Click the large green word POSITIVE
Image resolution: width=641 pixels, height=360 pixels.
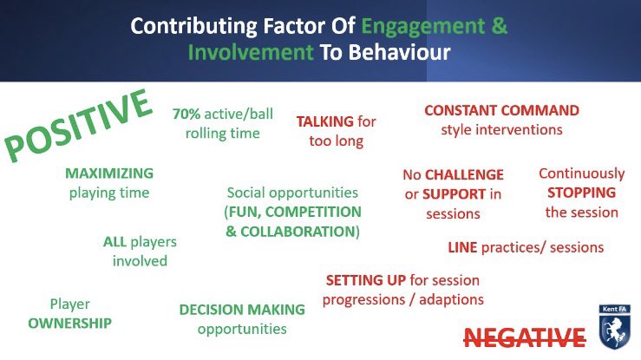click(x=76, y=127)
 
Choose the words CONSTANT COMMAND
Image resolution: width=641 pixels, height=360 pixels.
click(x=500, y=111)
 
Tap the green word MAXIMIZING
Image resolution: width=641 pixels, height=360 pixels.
click(x=108, y=173)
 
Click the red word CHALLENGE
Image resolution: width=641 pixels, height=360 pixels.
click(x=463, y=173)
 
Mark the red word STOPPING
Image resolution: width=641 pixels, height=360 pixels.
click(x=580, y=193)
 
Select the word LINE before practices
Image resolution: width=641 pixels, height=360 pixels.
click(x=461, y=247)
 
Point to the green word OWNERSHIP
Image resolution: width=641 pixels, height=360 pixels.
click(x=69, y=323)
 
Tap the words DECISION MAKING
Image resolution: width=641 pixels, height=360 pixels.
click(x=241, y=310)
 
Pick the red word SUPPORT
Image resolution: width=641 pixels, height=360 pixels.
click(x=454, y=193)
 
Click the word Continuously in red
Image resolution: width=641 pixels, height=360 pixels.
click(x=580, y=173)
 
